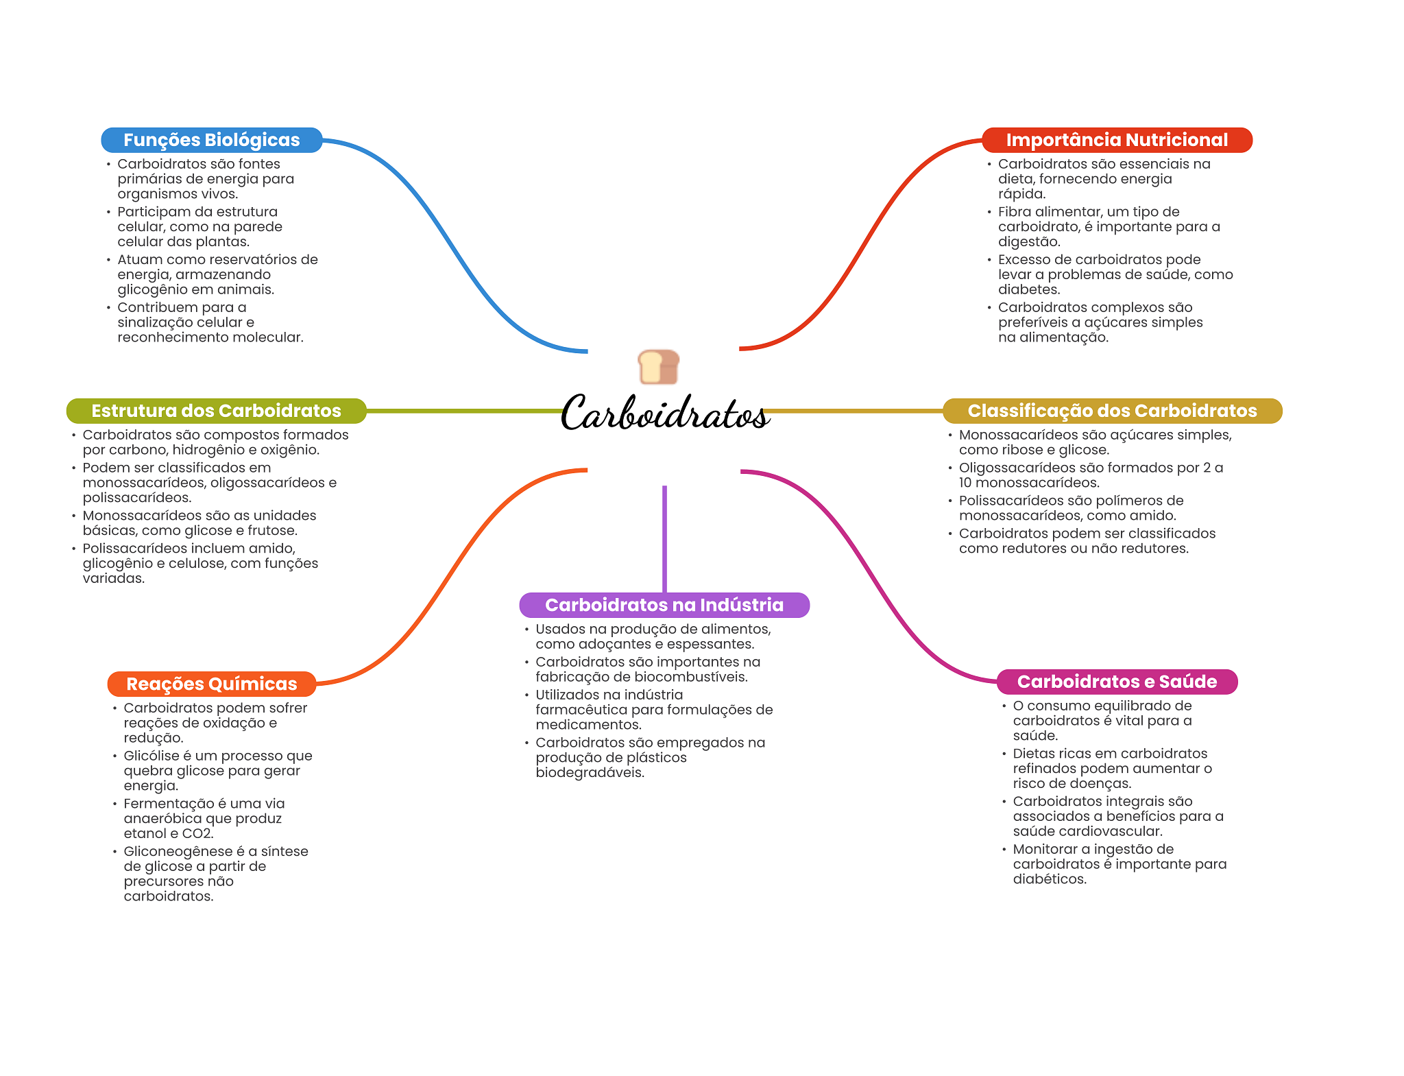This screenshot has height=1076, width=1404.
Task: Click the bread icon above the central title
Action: (x=658, y=367)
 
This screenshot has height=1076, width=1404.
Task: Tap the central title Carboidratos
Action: (x=664, y=414)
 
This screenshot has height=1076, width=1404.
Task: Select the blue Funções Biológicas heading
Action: (x=211, y=140)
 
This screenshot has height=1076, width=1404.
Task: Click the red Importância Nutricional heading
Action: (x=1116, y=140)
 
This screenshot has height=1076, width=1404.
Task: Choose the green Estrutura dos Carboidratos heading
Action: (x=216, y=411)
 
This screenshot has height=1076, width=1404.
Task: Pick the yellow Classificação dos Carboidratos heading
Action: (x=1112, y=411)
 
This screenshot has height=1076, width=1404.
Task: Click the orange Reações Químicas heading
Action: (x=211, y=684)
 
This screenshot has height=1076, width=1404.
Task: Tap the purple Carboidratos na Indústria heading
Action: (x=664, y=605)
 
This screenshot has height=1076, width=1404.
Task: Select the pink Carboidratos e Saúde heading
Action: (x=1117, y=682)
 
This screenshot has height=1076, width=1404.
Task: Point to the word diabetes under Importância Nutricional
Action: (x=1028, y=289)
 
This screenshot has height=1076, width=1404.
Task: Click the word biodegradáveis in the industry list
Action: (x=590, y=773)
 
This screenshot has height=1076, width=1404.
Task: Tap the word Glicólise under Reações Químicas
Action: (x=152, y=756)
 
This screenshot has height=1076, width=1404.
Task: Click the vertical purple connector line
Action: (x=664, y=538)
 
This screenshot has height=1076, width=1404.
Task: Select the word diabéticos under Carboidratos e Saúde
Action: (x=1049, y=879)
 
